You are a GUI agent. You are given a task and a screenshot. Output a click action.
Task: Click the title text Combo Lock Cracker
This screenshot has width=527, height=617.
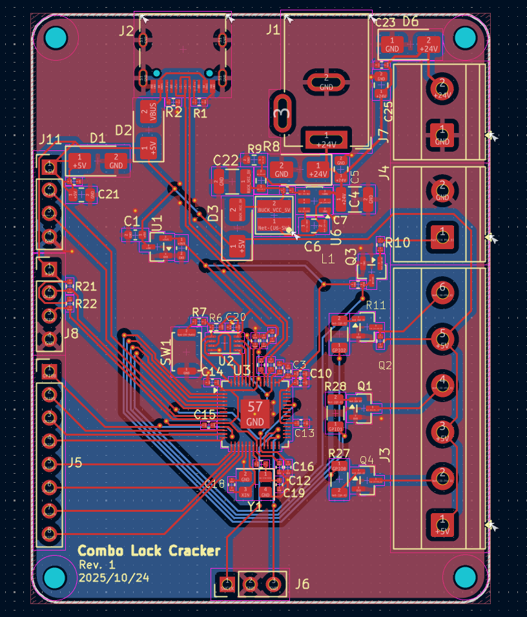click(x=149, y=551)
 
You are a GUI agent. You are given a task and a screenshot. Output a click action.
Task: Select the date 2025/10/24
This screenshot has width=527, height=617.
click(x=114, y=578)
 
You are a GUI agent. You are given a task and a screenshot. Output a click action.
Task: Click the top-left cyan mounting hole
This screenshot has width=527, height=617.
click(x=56, y=38)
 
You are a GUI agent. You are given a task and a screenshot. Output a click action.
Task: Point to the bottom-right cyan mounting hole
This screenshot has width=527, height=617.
click(x=465, y=578)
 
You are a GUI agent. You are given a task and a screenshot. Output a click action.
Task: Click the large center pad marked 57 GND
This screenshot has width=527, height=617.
click(x=255, y=414)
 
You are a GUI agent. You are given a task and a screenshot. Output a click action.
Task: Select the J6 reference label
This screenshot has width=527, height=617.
click(x=302, y=585)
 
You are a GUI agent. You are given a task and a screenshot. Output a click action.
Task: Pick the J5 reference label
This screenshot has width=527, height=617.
click(x=75, y=462)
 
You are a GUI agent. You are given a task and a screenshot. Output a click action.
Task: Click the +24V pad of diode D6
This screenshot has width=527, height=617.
click(x=428, y=44)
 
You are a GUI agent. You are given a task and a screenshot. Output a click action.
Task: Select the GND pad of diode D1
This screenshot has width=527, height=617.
click(x=116, y=161)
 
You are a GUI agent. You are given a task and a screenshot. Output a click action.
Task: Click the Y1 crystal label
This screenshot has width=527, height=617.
click(x=255, y=507)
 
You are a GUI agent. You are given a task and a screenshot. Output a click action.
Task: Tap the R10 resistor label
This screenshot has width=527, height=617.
click(x=397, y=243)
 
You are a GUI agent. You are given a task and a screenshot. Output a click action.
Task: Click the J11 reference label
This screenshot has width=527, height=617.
click(x=50, y=139)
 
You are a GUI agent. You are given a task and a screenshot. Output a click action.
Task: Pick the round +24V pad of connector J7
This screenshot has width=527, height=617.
click(x=442, y=86)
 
